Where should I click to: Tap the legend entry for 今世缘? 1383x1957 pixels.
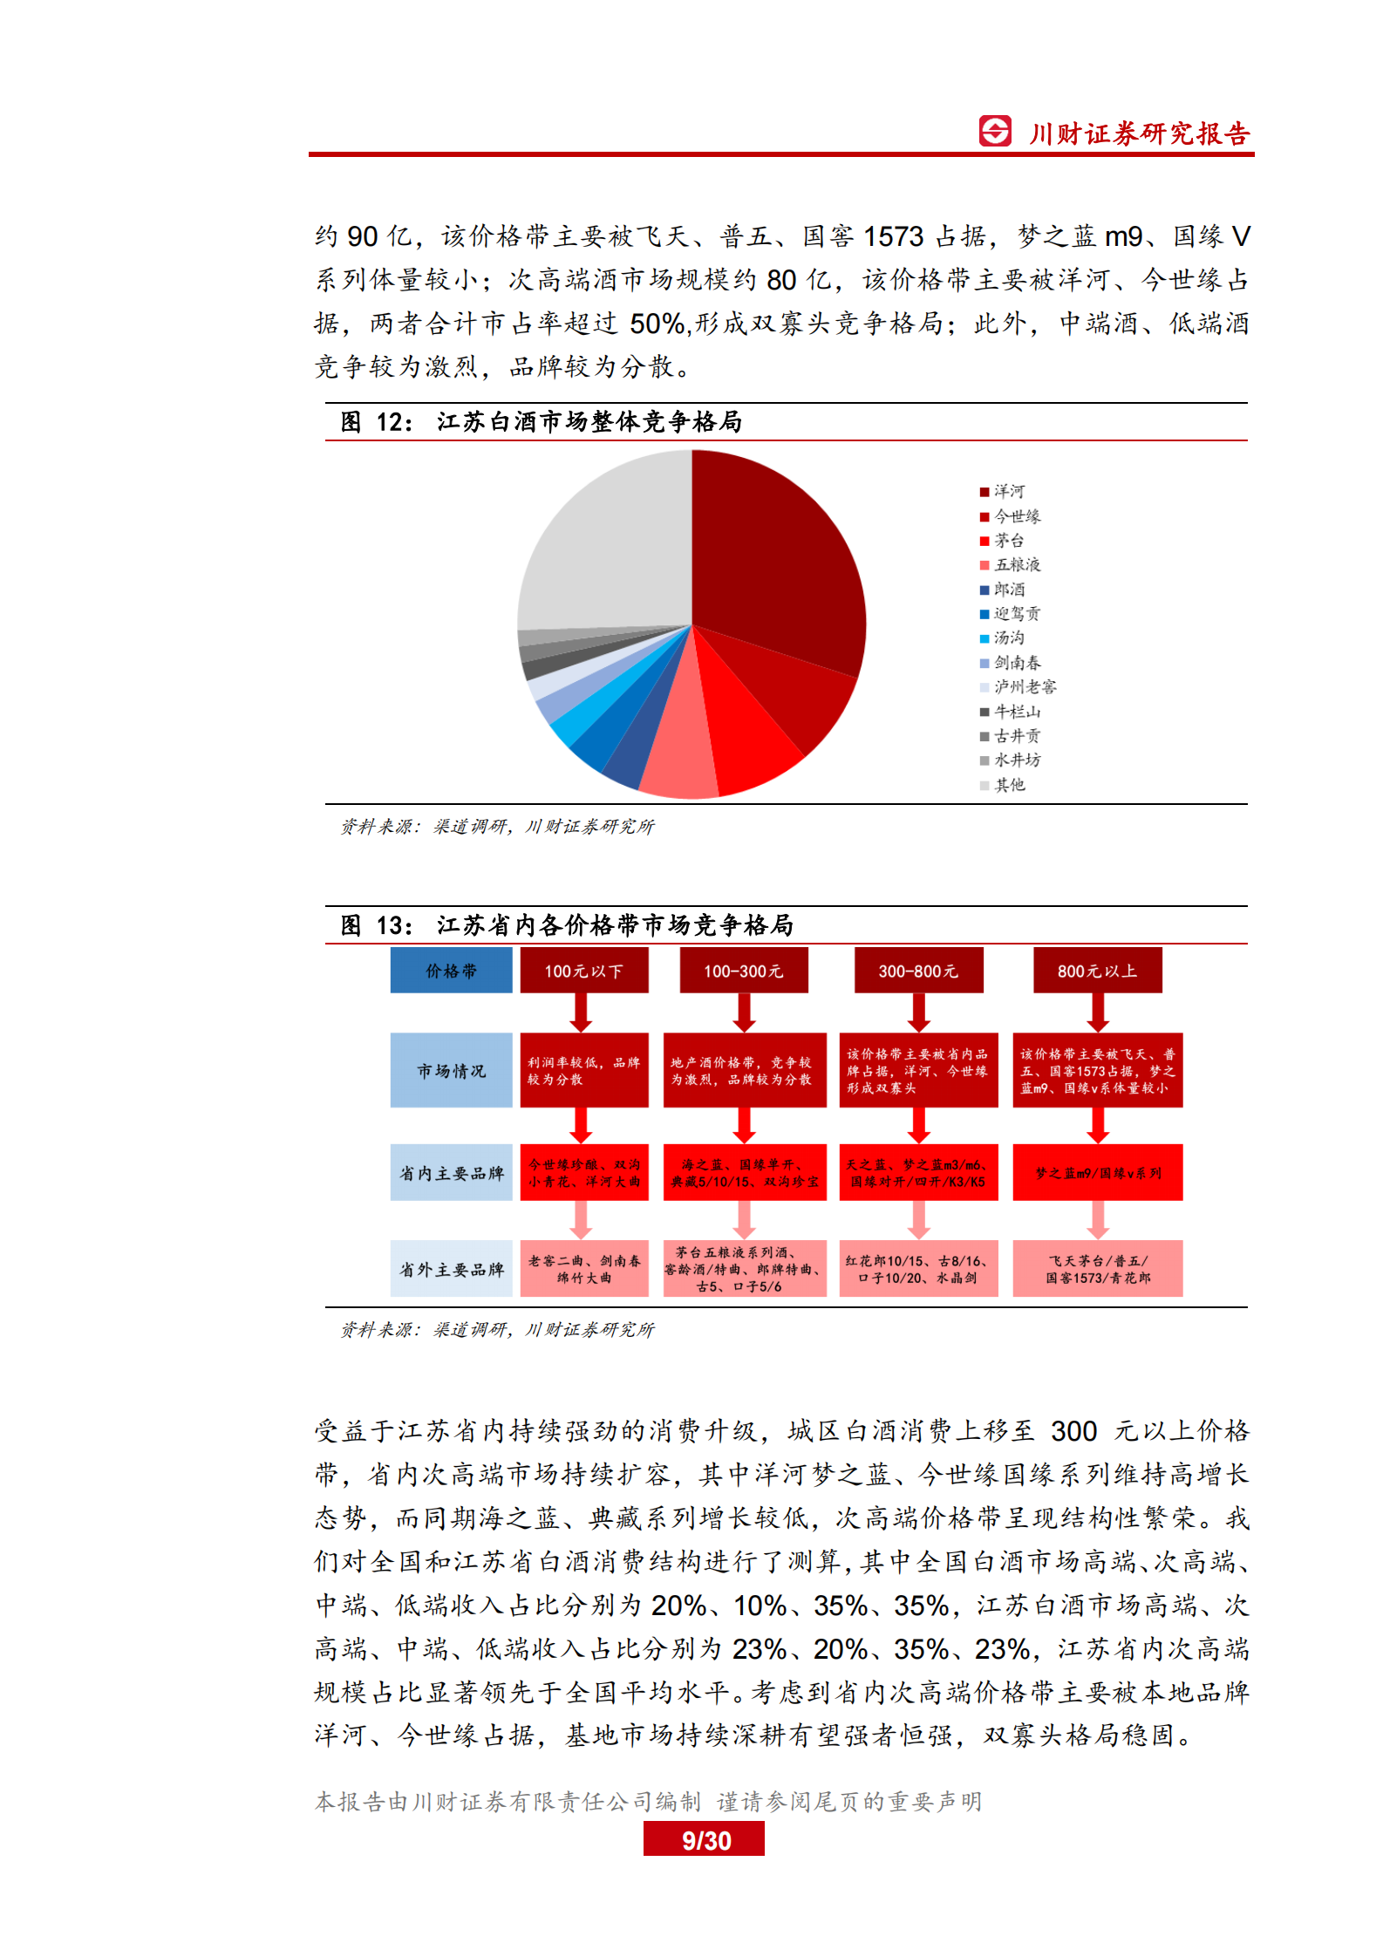tap(1012, 516)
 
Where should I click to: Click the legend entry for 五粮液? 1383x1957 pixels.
tap(1012, 565)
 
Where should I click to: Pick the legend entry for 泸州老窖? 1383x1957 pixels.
tap(1019, 687)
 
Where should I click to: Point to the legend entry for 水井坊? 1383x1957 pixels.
tap(1012, 760)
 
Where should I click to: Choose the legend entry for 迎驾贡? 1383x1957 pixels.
tap(1012, 614)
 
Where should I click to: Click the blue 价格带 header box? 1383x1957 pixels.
tap(451, 971)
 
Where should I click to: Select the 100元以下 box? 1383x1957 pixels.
tap(583, 971)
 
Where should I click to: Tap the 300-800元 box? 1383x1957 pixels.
tap(918, 971)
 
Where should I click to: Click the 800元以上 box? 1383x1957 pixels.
tap(1097, 971)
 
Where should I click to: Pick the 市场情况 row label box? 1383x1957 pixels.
tap(451, 1070)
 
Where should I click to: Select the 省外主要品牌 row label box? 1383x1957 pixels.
tap(451, 1269)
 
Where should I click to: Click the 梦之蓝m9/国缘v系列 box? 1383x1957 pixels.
tap(1097, 1173)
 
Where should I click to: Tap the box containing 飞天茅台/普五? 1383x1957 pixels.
tap(1097, 1269)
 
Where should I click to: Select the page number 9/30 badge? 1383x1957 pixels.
tap(704, 1840)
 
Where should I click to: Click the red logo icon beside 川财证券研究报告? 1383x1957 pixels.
tap(995, 132)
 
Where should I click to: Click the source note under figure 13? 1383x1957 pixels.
tap(497, 1330)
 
